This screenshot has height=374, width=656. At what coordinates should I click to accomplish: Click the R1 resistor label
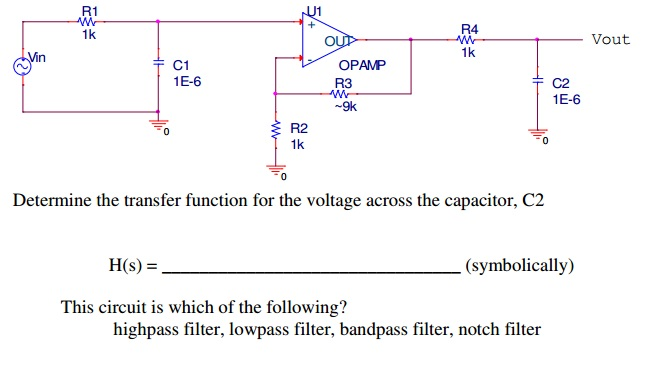pos(89,10)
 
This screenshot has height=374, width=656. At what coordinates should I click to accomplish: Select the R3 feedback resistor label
pos(343,82)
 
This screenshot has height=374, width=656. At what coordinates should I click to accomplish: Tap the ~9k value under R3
pos(344,106)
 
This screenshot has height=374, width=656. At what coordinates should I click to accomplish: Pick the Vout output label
pos(610,39)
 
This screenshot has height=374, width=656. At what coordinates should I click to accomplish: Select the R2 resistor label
pos(299,129)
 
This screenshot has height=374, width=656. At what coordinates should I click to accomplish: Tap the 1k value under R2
pos(298,145)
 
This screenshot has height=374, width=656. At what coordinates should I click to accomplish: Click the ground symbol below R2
pos(271,170)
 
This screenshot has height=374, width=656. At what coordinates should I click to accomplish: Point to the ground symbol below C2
pos(537,134)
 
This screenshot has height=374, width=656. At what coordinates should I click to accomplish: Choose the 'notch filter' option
pos(500,329)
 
